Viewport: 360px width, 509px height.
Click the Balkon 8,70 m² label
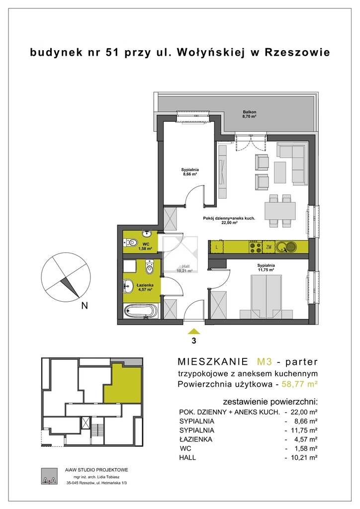tap(250, 113)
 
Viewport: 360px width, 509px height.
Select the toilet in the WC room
tap(131, 242)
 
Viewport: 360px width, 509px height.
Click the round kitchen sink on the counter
tap(285, 247)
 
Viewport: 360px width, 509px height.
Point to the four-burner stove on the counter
tap(255, 247)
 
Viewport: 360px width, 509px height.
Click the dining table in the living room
tap(280, 210)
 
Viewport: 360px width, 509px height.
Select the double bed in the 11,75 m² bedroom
tap(266, 297)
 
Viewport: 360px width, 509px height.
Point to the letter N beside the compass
tap(85, 306)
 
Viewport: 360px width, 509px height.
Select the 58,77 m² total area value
tap(299, 384)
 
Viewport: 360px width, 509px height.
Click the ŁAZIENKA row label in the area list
tap(195, 439)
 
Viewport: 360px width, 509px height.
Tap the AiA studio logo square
tap(49, 476)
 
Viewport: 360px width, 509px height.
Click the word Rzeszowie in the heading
tap(297, 52)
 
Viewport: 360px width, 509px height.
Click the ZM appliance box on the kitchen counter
tap(269, 247)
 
